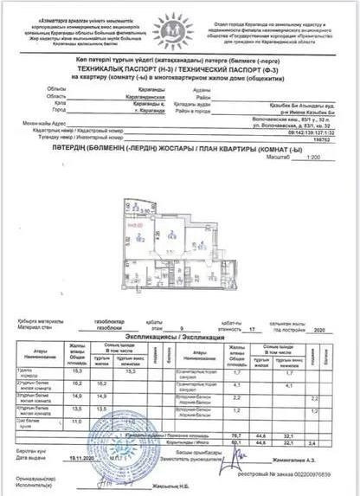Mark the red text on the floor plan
point(135,227)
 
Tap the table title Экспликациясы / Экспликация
point(179,338)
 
